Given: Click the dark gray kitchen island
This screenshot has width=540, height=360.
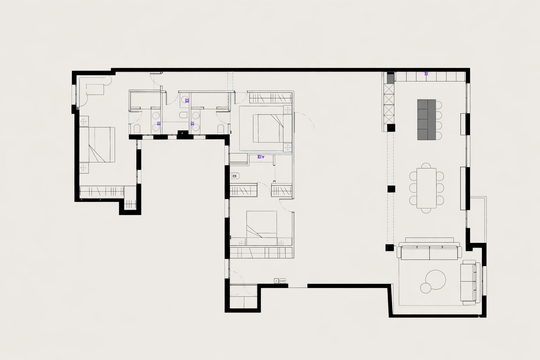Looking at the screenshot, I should pyautogui.click(x=426, y=120).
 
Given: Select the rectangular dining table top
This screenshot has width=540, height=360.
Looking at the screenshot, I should pyautogui.click(x=426, y=188).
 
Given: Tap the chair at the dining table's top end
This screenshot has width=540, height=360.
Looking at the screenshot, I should pyautogui.click(x=426, y=166).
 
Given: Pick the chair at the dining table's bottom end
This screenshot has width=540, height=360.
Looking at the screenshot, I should pyautogui.click(x=426, y=210).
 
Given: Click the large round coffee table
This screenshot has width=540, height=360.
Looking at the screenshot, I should pyautogui.click(x=436, y=280).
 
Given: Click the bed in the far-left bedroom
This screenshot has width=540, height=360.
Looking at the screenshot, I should pyautogui.click(x=97, y=144).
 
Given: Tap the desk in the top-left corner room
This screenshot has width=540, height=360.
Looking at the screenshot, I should pyautogui.click(x=95, y=89).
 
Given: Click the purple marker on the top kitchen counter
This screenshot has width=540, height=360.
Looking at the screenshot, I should pyautogui.click(x=426, y=74).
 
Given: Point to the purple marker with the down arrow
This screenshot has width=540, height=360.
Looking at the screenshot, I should pyautogui.click(x=261, y=157).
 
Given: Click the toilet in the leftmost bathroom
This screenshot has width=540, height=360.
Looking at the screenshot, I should pyautogui.click(x=137, y=129).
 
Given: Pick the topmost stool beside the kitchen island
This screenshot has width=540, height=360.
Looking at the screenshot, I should pyautogui.click(x=438, y=105).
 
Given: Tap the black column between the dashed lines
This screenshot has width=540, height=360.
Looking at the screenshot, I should pyautogui.click(x=391, y=189).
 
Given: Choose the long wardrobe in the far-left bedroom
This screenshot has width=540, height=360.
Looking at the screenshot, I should pyautogui.click(x=102, y=192).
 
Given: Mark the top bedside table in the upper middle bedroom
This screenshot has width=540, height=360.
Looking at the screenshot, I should pyautogui.click(x=288, y=110).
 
